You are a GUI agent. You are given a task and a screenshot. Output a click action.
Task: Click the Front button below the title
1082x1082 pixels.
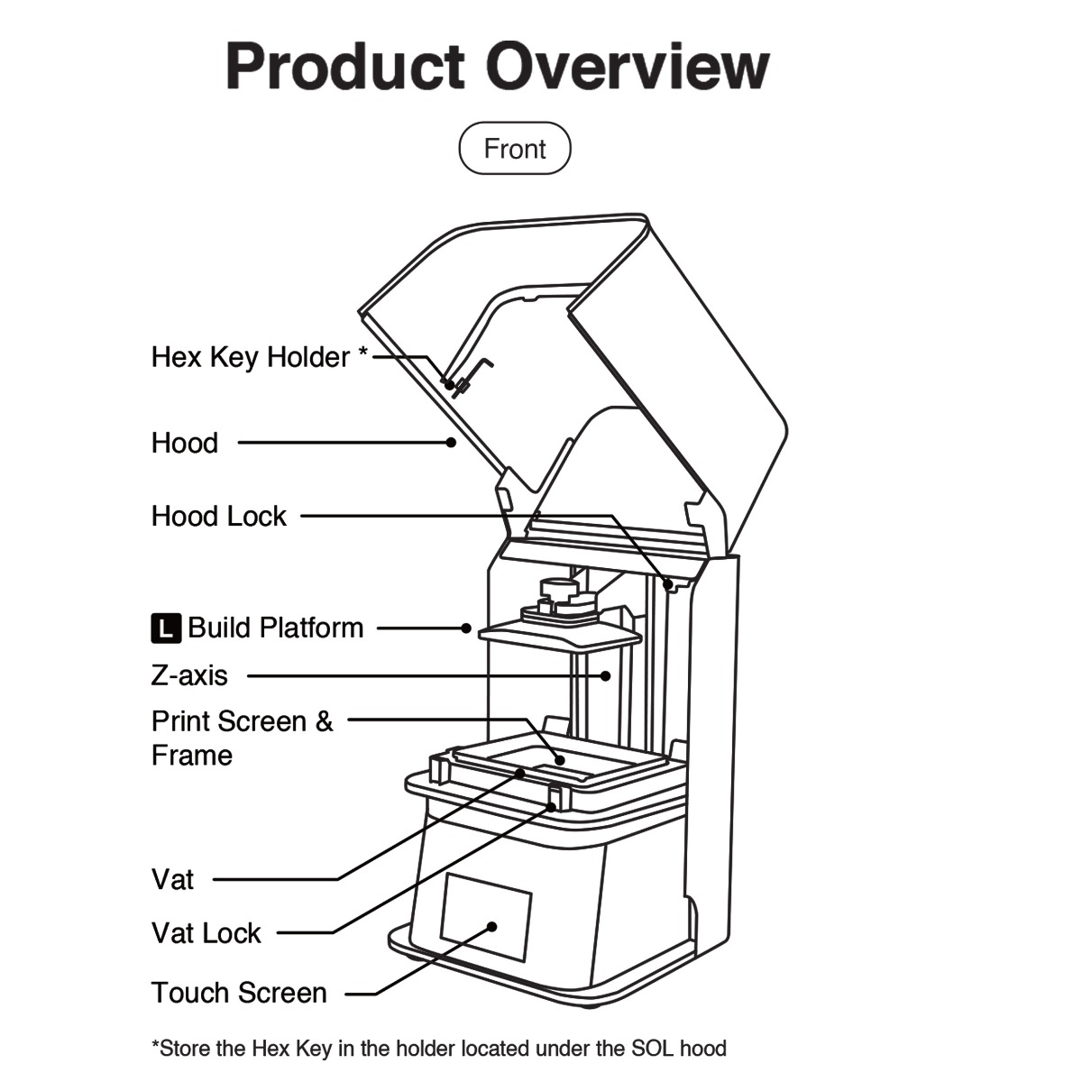pos(515,149)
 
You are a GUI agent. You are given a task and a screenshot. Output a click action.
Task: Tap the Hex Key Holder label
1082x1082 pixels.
pos(250,357)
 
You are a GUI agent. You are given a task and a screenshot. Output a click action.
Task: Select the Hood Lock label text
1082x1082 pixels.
pos(218,517)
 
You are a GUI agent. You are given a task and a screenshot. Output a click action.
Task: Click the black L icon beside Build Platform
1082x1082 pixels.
pos(165,628)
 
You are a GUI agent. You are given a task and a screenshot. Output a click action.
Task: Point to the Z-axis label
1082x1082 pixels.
pos(189,675)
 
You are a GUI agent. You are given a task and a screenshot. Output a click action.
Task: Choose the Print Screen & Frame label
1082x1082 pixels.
pos(241,738)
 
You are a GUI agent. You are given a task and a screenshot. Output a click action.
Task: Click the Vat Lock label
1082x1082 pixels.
pos(206,933)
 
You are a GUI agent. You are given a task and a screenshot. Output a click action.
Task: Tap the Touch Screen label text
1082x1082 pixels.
pos(239,993)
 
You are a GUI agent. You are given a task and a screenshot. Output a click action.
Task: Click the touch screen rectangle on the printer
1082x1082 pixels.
pos(486,915)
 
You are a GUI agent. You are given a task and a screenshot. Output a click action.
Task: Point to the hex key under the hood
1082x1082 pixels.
pos(471,374)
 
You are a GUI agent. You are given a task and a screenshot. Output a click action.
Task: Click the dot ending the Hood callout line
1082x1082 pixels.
pos(451,442)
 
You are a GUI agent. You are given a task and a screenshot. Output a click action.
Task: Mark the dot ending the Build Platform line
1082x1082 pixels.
pos(466,628)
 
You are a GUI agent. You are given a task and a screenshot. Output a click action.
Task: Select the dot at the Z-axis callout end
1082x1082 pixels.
pos(606,674)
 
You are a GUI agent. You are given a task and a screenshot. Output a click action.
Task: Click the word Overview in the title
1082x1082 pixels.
pos(628,66)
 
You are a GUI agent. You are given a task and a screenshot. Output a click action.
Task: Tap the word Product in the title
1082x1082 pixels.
pos(345,66)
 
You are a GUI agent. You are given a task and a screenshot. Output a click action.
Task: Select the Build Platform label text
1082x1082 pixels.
pos(275,628)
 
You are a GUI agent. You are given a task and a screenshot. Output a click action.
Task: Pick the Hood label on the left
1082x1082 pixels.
pos(184,443)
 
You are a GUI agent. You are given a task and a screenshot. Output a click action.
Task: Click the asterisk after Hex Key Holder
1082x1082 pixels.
pos(362,353)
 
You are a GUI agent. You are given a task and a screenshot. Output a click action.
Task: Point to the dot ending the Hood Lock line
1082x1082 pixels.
pos(668,584)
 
